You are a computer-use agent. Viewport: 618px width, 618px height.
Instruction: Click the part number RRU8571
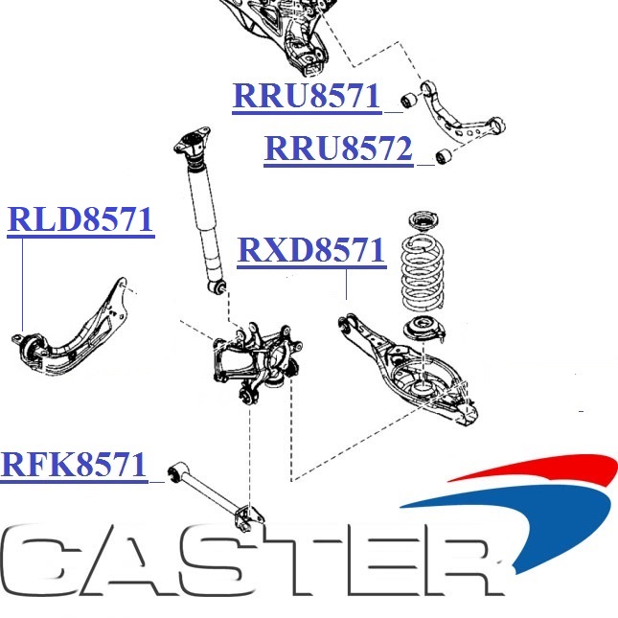click(307, 97)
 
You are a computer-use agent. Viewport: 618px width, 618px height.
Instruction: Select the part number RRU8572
click(338, 149)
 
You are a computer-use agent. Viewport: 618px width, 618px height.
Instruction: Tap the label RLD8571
click(80, 219)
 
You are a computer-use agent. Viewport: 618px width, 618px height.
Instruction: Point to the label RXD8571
click(310, 251)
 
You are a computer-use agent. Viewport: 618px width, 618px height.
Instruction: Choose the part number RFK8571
click(74, 465)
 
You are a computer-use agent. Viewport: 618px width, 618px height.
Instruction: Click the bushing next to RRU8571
click(407, 98)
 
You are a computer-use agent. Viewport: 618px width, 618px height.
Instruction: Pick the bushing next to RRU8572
click(442, 156)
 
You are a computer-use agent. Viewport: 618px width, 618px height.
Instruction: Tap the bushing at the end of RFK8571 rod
click(174, 472)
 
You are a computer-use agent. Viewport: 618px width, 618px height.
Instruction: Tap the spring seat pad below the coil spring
click(422, 332)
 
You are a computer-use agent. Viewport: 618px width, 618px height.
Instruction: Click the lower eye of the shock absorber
click(220, 285)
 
